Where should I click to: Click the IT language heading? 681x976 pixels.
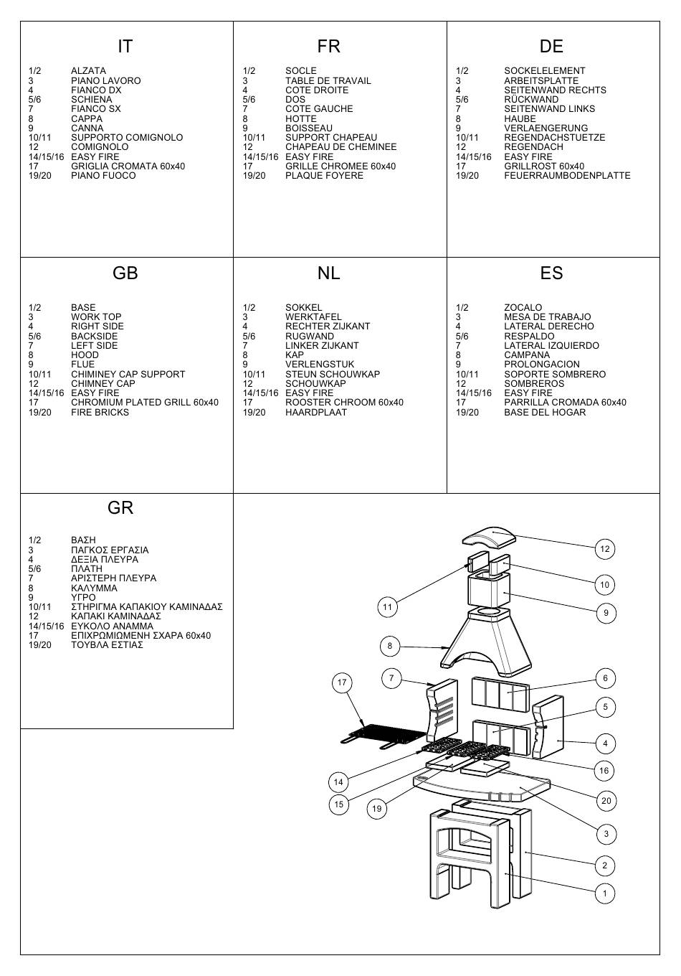coord(125,46)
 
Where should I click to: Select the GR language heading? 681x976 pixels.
coord(120,507)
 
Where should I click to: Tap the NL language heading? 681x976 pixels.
coord(328,273)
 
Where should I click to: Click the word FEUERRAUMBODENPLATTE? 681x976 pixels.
coord(567,176)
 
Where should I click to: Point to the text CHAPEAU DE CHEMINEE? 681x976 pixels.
coord(340,147)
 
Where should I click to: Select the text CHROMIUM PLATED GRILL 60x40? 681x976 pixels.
coord(145,402)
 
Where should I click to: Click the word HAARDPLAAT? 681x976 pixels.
coord(316,412)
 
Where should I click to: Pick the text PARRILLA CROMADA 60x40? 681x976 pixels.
coord(566,402)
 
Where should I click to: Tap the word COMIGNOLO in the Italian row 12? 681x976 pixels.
coord(100,147)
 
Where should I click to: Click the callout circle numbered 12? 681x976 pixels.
coord(605,548)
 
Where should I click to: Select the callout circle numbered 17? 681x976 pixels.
coord(342,682)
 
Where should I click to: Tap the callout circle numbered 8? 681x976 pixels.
coord(389,646)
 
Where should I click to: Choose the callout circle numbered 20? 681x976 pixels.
coord(606,800)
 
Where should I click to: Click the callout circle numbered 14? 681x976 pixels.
coord(338,782)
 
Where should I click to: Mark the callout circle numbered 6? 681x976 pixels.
coord(605,678)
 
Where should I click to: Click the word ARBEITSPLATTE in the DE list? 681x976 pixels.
coord(541,80)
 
